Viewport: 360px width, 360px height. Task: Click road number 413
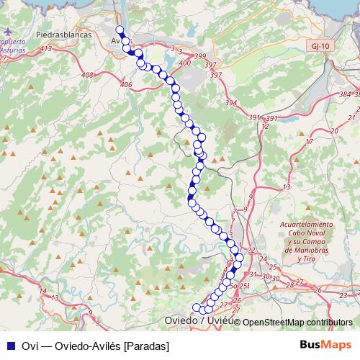[x=48, y=48]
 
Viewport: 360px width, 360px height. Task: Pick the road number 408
[x=89, y=75]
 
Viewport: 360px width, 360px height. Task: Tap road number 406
[x=126, y=85]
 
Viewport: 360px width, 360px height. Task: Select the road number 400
[x=184, y=63]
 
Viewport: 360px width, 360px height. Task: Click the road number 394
[x=230, y=103]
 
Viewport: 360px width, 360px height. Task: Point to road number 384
[x=344, y=94]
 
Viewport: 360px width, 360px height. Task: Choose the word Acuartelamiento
[x=307, y=225]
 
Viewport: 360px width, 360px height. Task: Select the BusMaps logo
[x=326, y=345]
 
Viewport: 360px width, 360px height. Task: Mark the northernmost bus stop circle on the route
[x=120, y=30]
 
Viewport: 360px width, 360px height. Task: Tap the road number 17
[x=309, y=141]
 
